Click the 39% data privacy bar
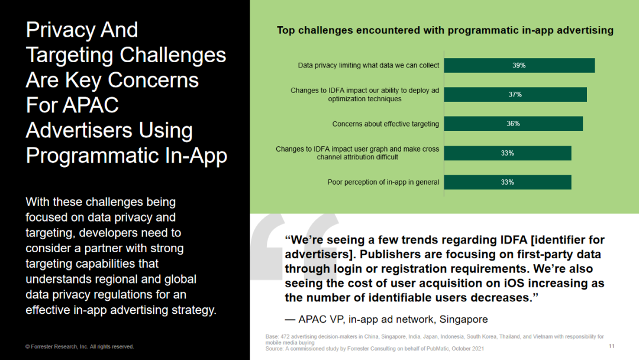coord(519,65)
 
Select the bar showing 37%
coord(515,95)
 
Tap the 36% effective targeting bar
coord(514,124)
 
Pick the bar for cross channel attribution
coord(508,153)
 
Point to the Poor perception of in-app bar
coord(508,182)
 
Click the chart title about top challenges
coord(445,30)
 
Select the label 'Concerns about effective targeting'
coord(386,124)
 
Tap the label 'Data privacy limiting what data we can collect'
coord(369,65)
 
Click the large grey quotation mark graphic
coord(294,247)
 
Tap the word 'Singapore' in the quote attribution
coord(463,319)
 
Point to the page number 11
coord(611,346)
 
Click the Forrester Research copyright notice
coord(79,346)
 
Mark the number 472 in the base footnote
coord(285,337)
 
